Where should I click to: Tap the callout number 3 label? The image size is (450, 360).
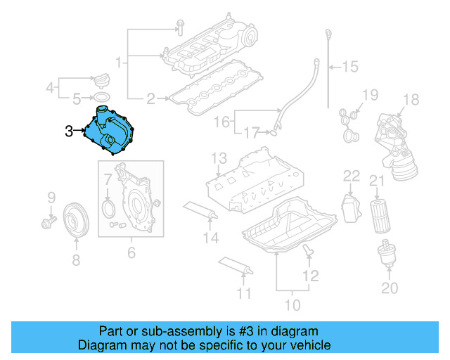[x=68, y=130]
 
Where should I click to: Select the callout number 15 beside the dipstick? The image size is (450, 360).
[x=349, y=67]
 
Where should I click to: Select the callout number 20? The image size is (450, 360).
[x=389, y=288]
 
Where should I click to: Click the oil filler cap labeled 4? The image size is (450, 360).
[x=102, y=77]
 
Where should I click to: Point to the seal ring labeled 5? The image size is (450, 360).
[x=103, y=96]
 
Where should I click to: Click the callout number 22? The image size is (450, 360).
[x=351, y=175]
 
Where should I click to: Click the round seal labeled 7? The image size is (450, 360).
[x=108, y=207]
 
